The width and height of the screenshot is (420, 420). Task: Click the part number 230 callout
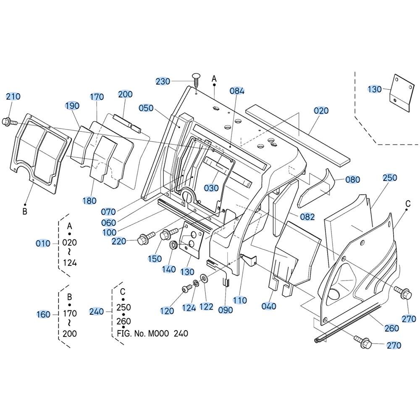click(163, 81)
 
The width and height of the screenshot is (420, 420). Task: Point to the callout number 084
click(237, 91)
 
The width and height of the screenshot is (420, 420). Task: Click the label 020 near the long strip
click(321, 110)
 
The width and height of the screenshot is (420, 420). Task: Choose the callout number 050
click(146, 108)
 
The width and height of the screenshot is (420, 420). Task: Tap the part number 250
click(390, 178)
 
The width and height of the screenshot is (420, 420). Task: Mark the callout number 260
click(391, 328)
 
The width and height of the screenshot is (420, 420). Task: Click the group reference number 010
click(43, 244)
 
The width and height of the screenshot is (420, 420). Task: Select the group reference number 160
click(43, 314)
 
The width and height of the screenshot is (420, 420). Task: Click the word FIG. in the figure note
click(124, 333)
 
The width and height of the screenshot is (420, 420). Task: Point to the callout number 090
click(226, 310)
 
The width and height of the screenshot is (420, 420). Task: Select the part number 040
click(269, 306)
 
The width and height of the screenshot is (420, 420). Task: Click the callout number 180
click(89, 201)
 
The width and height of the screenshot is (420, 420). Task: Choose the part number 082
click(307, 217)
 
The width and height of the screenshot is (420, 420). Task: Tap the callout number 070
click(108, 212)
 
